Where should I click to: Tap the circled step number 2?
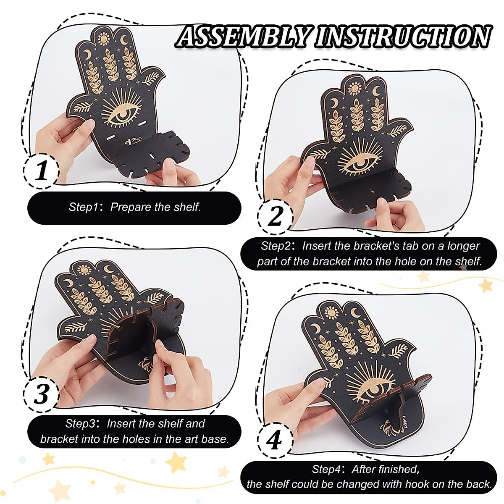(x=275, y=216)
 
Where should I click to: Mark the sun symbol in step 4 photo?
(x=331, y=312)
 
